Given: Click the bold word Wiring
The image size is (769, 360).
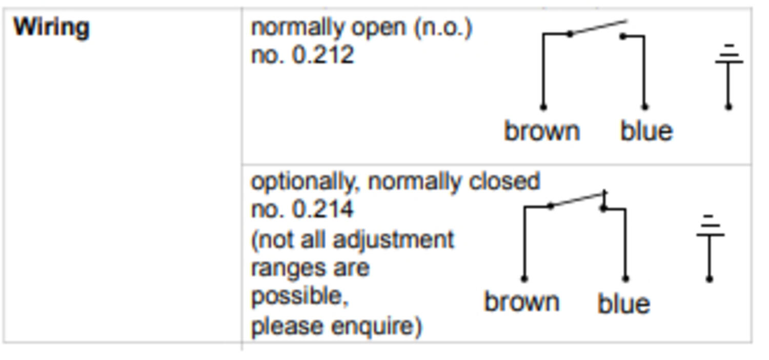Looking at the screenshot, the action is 51,28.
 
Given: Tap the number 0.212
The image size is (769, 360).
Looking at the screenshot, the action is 322,55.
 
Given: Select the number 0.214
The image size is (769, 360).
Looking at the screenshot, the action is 322,209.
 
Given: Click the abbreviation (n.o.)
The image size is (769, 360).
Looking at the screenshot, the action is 443,28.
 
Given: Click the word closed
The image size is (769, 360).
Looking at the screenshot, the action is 504,181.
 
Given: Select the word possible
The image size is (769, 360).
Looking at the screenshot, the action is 300,295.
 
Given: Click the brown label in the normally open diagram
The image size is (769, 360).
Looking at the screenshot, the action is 542,131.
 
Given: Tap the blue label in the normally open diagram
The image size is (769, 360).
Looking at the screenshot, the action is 647,131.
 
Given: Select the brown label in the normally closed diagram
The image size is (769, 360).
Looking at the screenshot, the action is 522,302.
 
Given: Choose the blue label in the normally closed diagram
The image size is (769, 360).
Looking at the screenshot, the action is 624,303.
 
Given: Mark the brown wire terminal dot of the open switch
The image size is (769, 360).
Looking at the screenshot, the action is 543,107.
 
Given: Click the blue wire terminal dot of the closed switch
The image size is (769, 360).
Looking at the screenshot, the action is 626,278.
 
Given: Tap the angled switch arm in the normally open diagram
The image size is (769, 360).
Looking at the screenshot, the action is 598,28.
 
